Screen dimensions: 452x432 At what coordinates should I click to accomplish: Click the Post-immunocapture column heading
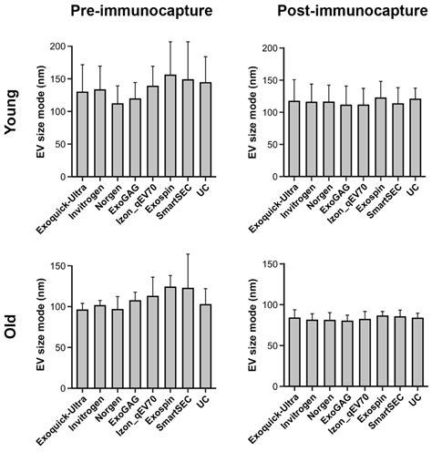coord(341,12)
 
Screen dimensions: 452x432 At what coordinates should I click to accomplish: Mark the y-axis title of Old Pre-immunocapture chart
coord(47,328)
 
